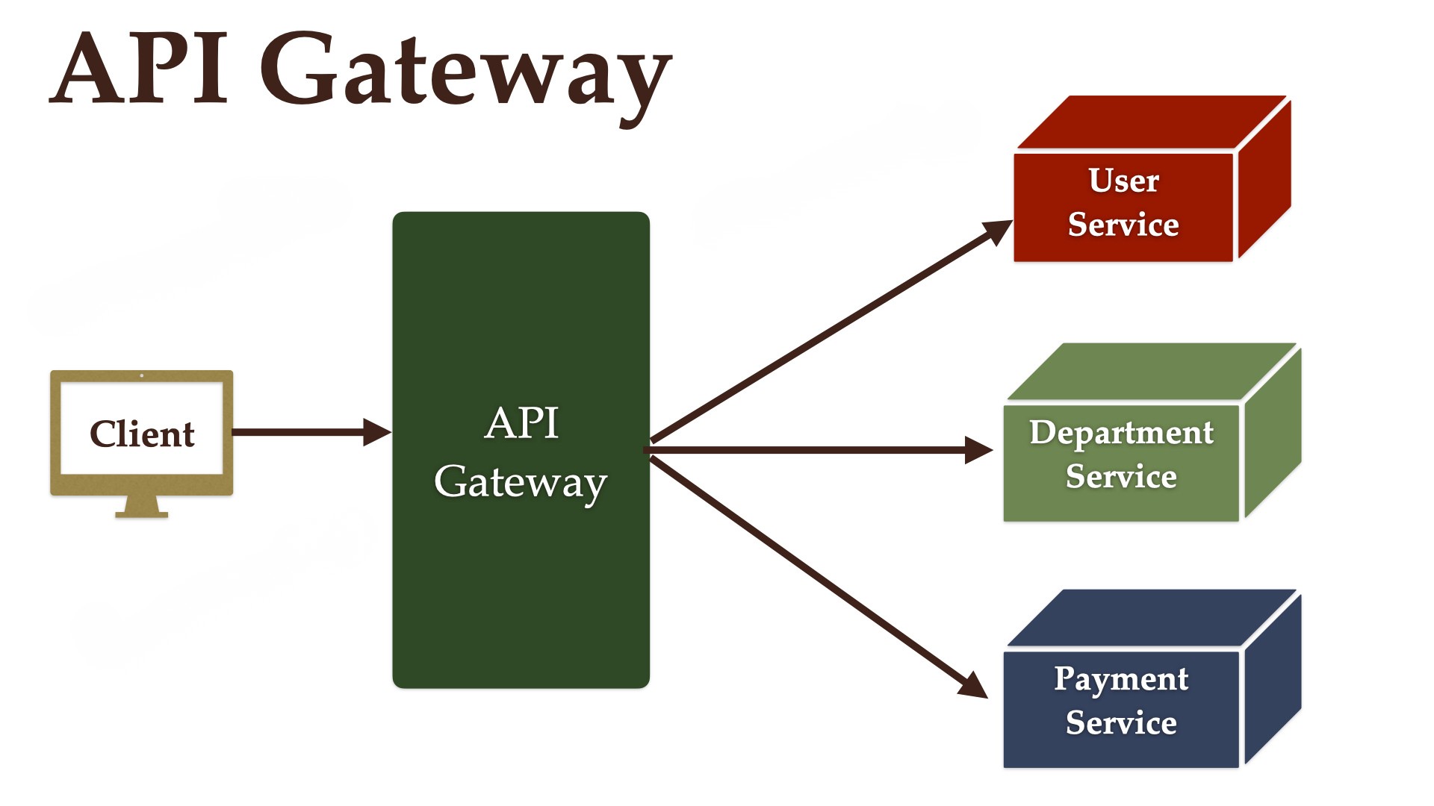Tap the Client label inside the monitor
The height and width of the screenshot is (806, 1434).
tap(142, 434)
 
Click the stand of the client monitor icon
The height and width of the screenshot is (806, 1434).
tap(142, 507)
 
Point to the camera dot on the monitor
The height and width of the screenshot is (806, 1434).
tap(142, 375)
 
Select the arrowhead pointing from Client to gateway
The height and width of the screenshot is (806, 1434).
tap(376, 432)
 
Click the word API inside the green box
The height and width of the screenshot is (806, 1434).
tap(521, 423)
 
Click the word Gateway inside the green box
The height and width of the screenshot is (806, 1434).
tap(521, 483)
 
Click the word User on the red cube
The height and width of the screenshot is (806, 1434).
tap(1123, 181)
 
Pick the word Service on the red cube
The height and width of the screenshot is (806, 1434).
tap(1123, 225)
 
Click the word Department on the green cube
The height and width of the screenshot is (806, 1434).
tap(1121, 433)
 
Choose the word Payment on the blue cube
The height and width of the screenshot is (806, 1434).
tap(1121, 679)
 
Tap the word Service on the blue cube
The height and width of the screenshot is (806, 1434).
tap(1121, 722)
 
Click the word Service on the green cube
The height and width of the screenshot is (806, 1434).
tap(1121, 476)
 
